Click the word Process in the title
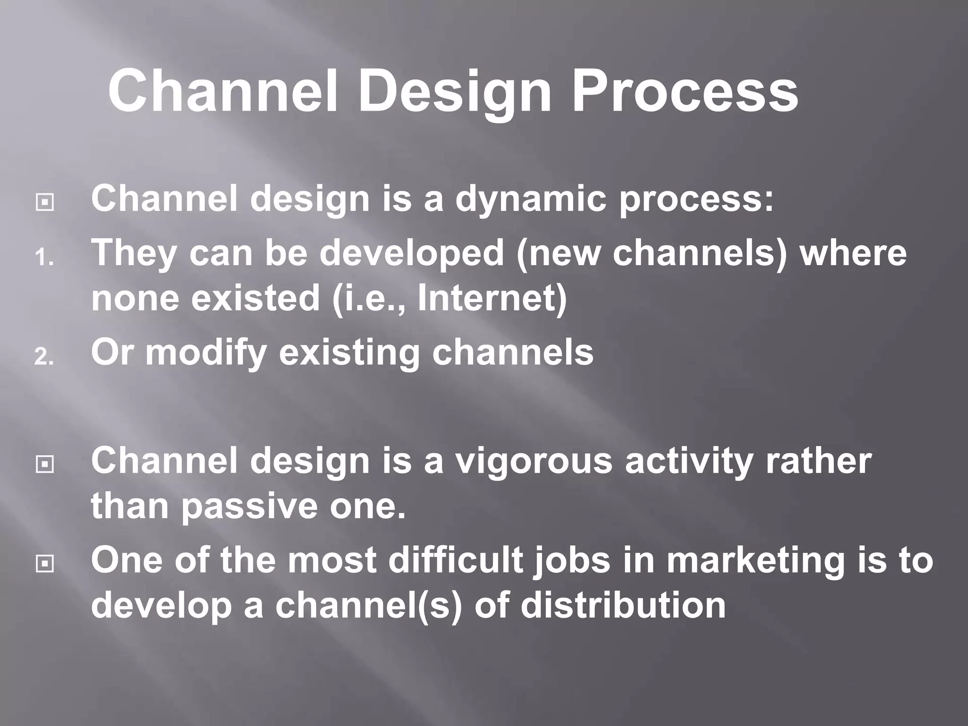pos(685,91)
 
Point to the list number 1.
pos(44,259)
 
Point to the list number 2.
pos(44,357)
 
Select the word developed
pos(412,253)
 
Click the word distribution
pos(623,605)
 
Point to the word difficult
pos(456,560)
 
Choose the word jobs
pos(571,561)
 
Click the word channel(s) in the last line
pos(368,605)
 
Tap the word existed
pos(256,298)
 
